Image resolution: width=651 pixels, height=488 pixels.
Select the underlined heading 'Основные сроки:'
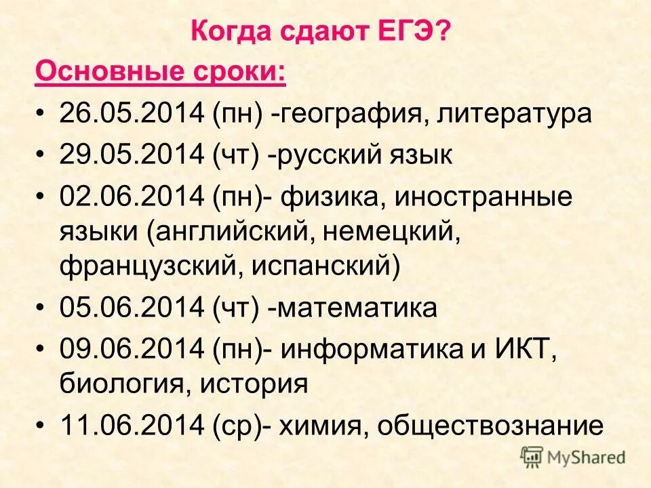(160, 71)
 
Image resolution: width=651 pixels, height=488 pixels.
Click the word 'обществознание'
(490, 426)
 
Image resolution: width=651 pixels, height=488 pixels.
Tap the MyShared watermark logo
(573, 457)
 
